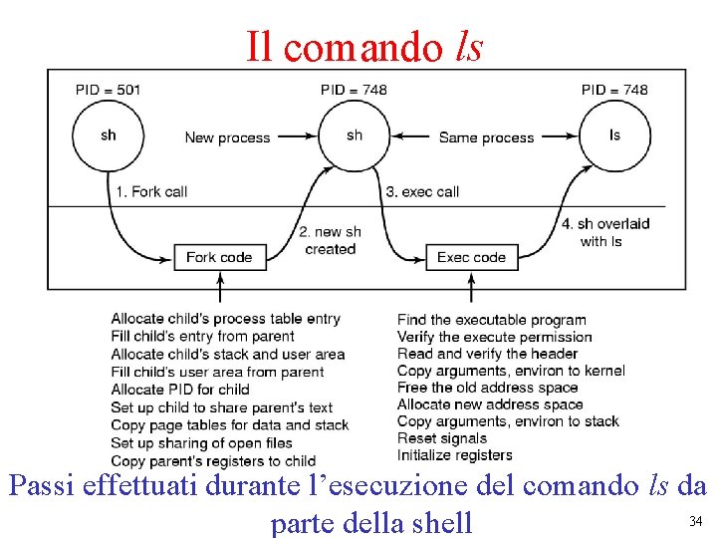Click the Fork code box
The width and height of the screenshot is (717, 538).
click(x=219, y=257)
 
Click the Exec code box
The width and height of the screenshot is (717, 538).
click(x=471, y=257)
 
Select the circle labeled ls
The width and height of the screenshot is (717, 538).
click(x=614, y=135)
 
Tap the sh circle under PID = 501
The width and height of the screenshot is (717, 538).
click(x=108, y=135)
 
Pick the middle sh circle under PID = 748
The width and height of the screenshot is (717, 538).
click(x=355, y=135)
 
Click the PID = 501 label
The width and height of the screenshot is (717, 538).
click(x=108, y=90)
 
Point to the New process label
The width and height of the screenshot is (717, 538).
click(x=227, y=137)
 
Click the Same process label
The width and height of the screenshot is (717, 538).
click(x=486, y=137)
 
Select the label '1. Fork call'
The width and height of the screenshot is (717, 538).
click(x=151, y=191)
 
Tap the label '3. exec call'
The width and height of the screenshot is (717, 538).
click(x=422, y=191)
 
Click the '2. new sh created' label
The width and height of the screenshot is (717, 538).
click(x=330, y=240)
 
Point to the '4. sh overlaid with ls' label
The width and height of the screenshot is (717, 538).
click(x=605, y=232)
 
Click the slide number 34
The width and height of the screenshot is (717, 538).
click(x=695, y=521)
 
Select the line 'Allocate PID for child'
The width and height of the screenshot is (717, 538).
click(x=180, y=390)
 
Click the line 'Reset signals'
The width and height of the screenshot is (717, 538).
click(x=442, y=438)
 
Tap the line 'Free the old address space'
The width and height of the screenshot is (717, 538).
click(x=487, y=388)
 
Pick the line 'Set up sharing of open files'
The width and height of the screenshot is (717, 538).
click(x=201, y=443)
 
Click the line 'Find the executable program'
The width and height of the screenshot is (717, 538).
click(x=491, y=320)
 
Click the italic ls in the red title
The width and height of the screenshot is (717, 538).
click(x=468, y=45)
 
